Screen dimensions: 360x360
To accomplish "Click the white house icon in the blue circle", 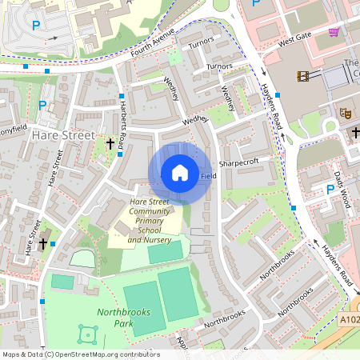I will [180, 173].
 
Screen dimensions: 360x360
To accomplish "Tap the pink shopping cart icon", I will [334, 32].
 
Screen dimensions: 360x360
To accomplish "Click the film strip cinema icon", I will [304, 76].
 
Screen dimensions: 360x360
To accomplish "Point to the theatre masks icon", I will [346, 113].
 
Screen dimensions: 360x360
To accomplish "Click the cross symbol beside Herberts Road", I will [110, 144].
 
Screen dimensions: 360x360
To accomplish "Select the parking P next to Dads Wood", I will [329, 189].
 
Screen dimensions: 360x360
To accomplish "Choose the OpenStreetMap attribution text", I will [81, 354].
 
